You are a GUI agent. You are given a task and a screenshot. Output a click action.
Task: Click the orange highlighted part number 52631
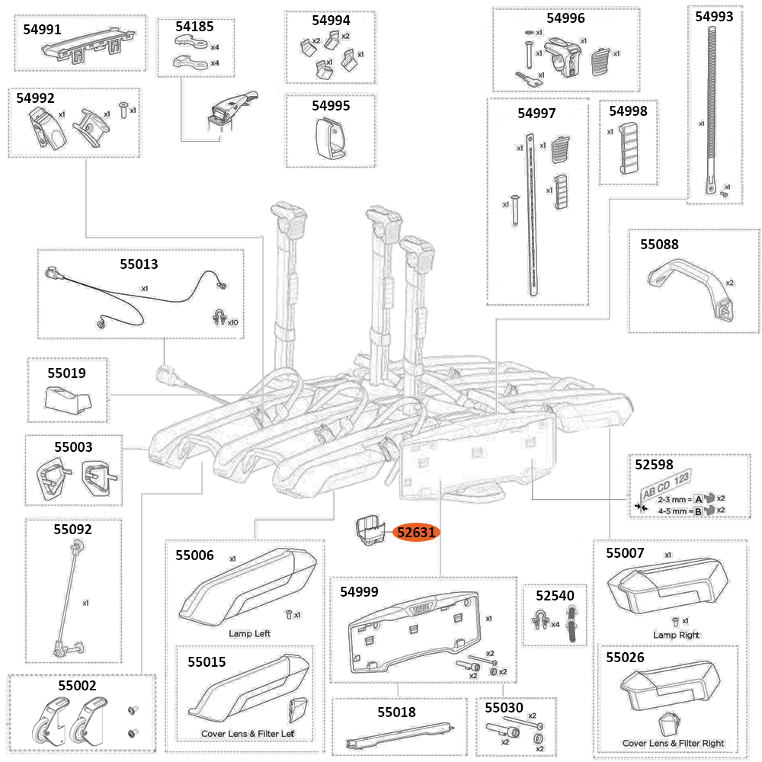(415, 533)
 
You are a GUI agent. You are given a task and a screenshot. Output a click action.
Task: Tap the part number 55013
(139, 264)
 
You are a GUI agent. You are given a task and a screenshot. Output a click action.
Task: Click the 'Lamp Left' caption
(249, 633)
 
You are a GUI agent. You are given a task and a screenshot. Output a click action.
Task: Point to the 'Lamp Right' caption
(676, 634)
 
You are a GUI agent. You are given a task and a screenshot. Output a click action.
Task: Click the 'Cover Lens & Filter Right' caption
(673, 743)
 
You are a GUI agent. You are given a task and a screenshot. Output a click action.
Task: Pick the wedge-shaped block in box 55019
(66, 399)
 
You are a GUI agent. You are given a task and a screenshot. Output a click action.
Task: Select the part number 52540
(554, 595)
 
